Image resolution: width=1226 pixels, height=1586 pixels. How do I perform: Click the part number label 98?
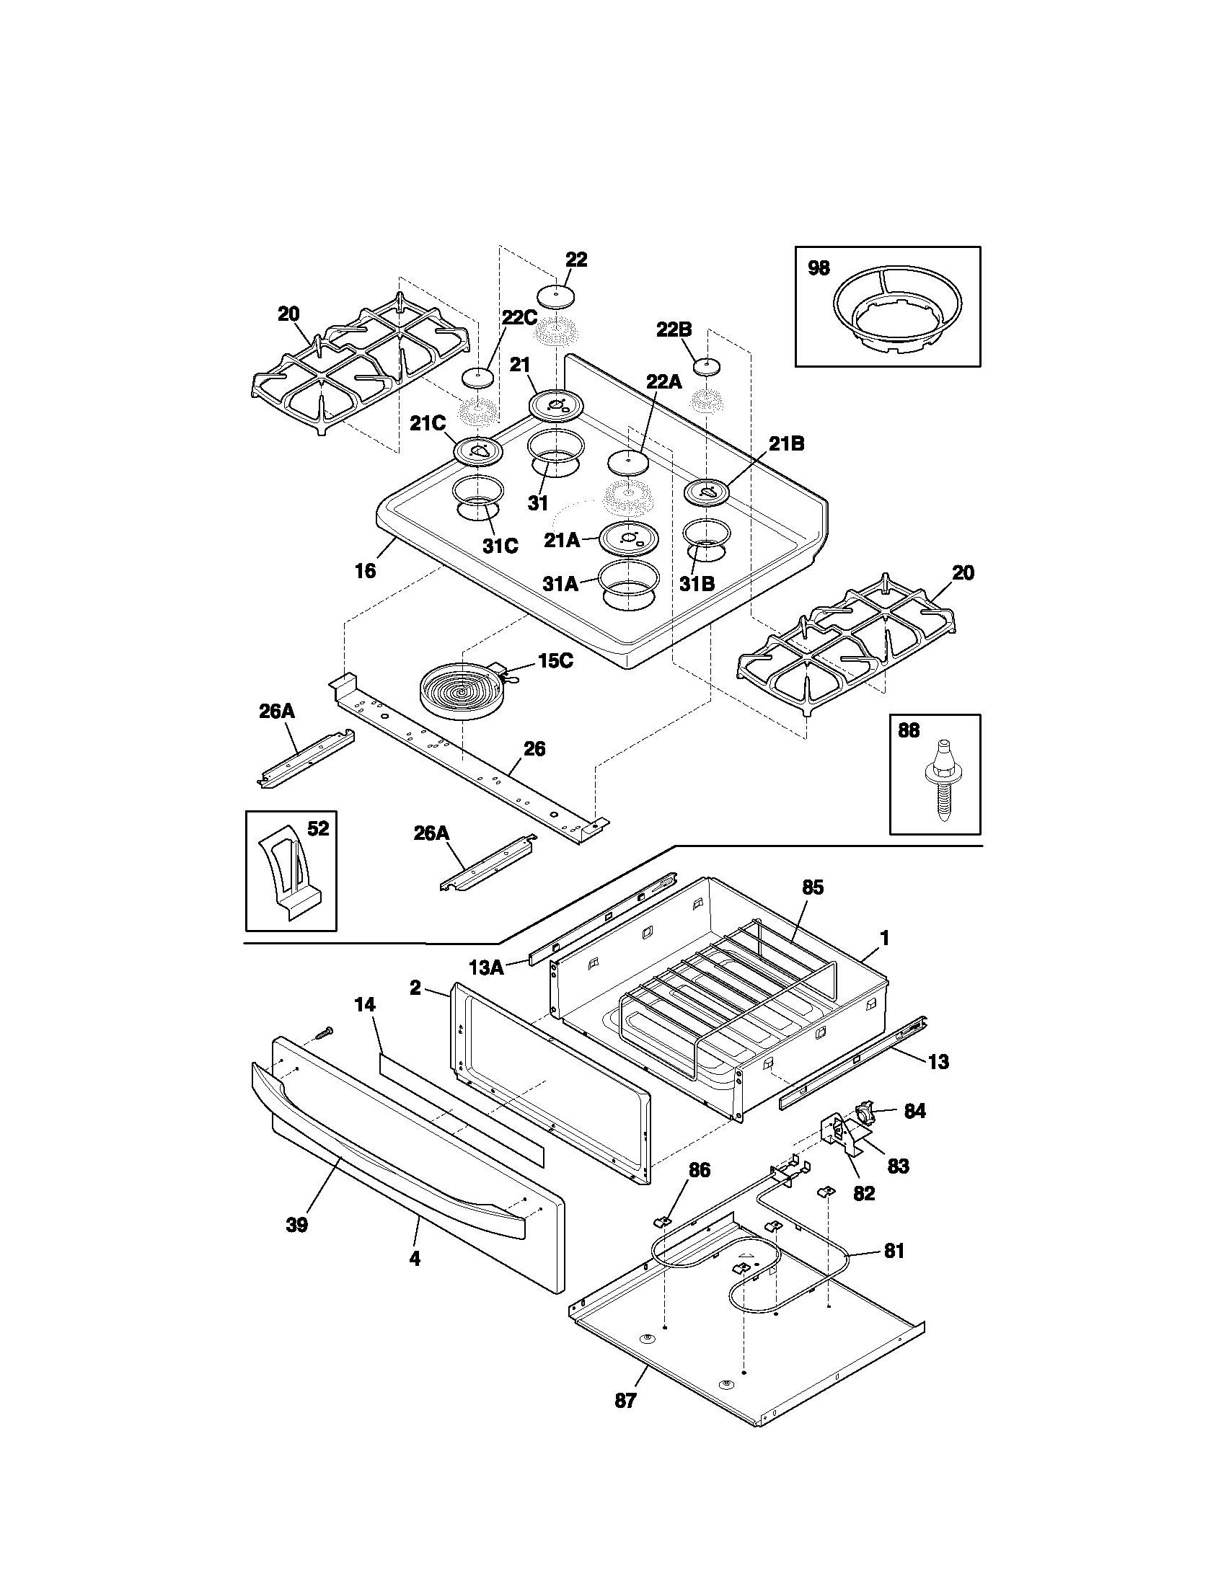click(x=819, y=269)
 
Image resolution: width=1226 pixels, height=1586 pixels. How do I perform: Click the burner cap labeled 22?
click(x=555, y=296)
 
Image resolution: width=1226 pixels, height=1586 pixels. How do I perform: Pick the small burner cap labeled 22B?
click(x=705, y=366)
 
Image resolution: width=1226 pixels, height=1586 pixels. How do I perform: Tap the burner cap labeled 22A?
click(x=627, y=462)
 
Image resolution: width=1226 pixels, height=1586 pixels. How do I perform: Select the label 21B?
click(x=787, y=443)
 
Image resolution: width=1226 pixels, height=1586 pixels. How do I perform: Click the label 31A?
click(x=560, y=583)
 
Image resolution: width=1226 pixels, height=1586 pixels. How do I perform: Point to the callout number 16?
click(x=366, y=571)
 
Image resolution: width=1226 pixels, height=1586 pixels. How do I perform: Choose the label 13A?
click(x=487, y=968)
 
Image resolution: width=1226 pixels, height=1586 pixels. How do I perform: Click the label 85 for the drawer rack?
click(x=813, y=887)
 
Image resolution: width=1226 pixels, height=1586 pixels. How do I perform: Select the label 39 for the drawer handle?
click(x=296, y=1225)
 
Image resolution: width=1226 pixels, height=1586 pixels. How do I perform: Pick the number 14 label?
click(x=365, y=1005)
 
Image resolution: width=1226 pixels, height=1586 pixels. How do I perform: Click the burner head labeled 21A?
click(x=627, y=539)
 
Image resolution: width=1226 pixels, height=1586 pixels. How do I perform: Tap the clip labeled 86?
click(x=663, y=1221)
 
